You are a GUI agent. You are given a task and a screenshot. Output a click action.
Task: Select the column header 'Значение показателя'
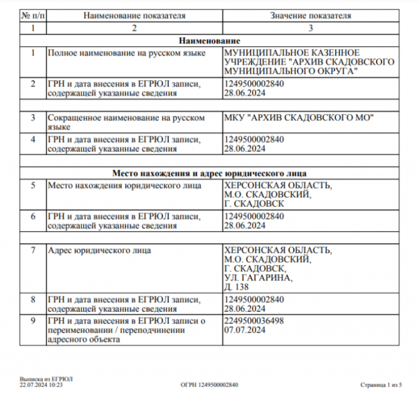pyautogui.click(x=310, y=15)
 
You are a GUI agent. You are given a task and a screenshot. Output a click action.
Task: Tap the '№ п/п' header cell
pyautogui.click(x=32, y=15)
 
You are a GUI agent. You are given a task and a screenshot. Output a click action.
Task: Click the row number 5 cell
pyautogui.click(x=32, y=185)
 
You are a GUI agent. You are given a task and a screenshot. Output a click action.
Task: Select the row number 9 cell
pyautogui.click(x=32, y=320)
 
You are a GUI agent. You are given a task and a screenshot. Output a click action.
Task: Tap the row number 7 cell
pyautogui.click(x=32, y=250)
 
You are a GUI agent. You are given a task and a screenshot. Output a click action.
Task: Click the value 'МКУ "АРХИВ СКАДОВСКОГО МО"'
pyautogui.click(x=298, y=118)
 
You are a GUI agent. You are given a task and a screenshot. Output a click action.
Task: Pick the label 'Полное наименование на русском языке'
pyautogui.click(x=127, y=52)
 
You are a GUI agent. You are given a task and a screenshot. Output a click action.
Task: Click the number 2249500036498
pyautogui.click(x=254, y=320)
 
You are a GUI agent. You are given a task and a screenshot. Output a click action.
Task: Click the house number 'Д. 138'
pyautogui.click(x=236, y=287)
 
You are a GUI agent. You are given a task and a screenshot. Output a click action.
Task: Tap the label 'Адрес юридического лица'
pyautogui.click(x=100, y=250)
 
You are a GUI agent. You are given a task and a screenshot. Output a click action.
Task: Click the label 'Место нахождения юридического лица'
pyautogui.click(x=123, y=185)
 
